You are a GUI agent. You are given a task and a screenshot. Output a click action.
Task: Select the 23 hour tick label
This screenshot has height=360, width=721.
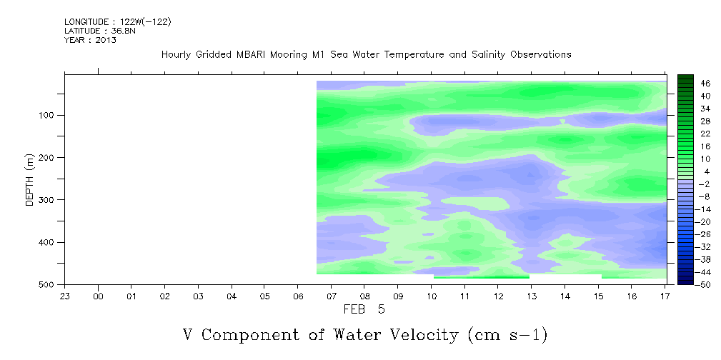click(65, 296)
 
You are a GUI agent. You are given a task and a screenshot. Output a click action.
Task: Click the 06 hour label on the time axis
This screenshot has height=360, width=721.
click(298, 296)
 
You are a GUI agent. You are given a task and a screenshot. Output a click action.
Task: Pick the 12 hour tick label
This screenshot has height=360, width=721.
click(498, 296)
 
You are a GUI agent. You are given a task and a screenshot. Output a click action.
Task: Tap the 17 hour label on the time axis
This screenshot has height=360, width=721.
click(665, 296)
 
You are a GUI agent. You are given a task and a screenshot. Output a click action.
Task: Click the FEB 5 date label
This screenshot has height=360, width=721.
click(364, 309)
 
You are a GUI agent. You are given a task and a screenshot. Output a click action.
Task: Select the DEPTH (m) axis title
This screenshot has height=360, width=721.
click(30, 180)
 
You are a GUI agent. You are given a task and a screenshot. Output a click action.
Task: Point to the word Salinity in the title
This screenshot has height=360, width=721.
click(487, 55)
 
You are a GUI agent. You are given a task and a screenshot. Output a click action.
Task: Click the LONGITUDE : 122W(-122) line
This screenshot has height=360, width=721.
click(118, 22)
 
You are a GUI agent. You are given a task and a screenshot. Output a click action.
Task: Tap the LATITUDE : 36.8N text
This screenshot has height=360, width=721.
click(100, 31)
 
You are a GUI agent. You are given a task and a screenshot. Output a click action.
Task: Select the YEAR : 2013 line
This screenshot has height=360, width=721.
click(90, 39)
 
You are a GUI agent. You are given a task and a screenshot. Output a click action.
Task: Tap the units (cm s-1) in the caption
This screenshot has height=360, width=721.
click(507, 336)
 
